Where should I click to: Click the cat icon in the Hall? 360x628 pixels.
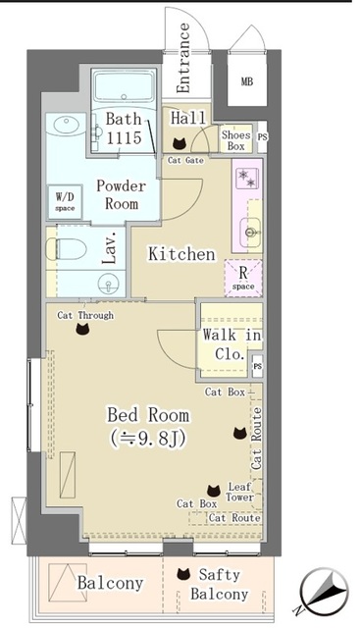tap(179, 142)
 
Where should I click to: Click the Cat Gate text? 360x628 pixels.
tap(185, 160)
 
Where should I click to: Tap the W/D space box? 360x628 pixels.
tap(65, 201)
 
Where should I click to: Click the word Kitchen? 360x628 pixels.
tap(181, 254)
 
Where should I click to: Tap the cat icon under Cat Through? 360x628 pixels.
tap(82, 331)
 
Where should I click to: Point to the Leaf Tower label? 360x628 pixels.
tap(241, 492)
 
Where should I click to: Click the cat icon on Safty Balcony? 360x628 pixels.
tap(181, 575)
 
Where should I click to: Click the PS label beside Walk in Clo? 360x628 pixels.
tap(258, 366)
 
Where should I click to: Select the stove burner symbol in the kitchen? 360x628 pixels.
tap(245, 178)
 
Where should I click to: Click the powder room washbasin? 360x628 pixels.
tap(66, 129)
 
